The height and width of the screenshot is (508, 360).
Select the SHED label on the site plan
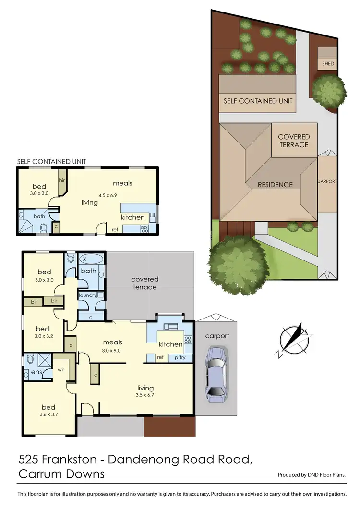[x=328, y=64]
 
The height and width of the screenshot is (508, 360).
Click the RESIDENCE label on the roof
[x=275, y=184]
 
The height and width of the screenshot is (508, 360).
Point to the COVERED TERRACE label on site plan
[x=294, y=140]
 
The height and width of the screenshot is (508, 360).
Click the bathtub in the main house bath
[x=91, y=260]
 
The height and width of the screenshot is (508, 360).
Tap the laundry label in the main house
[x=88, y=295]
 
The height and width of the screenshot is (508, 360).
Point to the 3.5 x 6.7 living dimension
[x=145, y=395]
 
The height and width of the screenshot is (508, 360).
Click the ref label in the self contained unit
[x=114, y=229]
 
